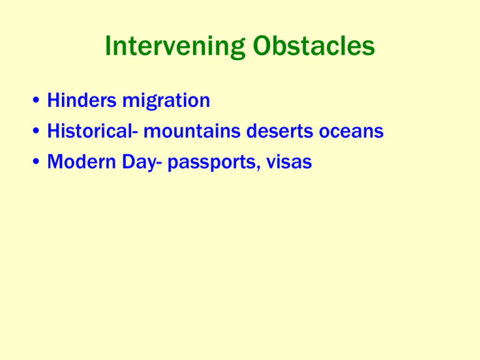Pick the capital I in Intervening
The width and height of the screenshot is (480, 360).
(108, 46)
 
